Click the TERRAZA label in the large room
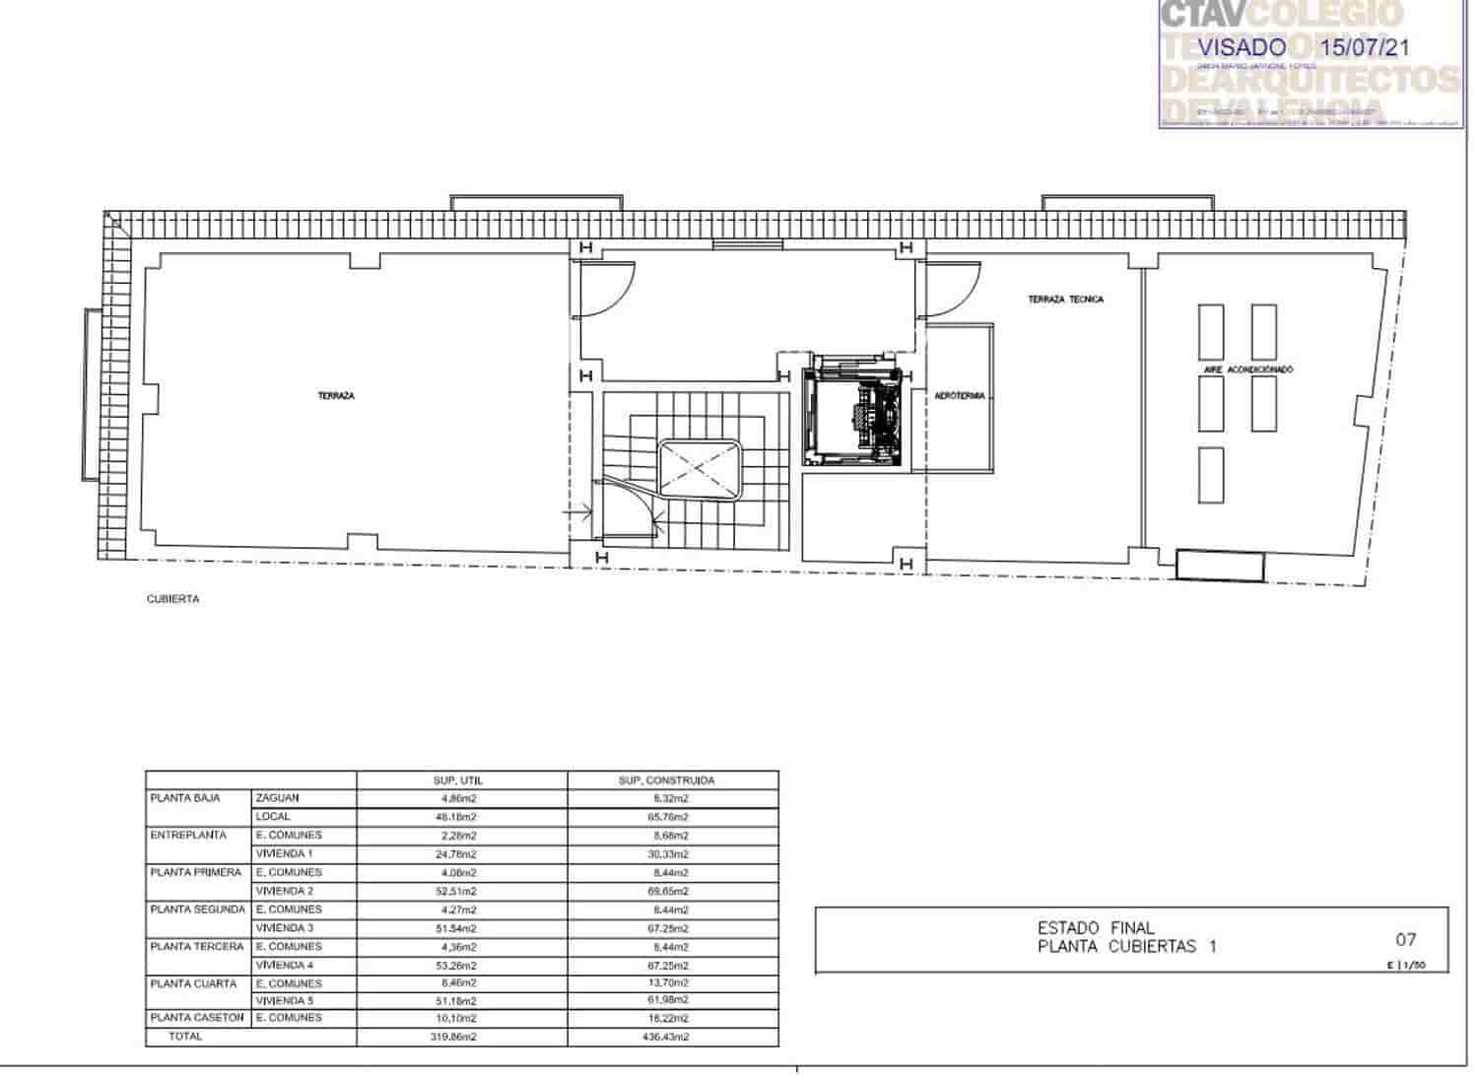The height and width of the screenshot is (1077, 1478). pos(336,396)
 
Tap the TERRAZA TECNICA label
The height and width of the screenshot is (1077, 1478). pos(1065,300)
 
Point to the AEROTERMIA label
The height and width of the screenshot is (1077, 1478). pos(960,396)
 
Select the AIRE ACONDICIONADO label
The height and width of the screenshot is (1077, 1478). pos(1247,370)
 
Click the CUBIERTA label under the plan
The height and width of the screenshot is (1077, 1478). pos(173,599)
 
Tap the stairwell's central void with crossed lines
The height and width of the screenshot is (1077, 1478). pos(700,471)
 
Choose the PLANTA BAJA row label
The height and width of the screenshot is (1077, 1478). pos(185,798)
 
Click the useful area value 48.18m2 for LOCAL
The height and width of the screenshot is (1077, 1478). pos(456,817)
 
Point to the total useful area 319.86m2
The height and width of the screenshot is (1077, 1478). pos(456,1037)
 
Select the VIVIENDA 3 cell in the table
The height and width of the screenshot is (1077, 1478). pos(285,928)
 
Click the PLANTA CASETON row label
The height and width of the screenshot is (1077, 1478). pos(197,1018)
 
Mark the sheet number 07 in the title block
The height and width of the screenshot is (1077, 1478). pos(1406,940)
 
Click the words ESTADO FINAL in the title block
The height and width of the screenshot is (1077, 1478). pos(1096,928)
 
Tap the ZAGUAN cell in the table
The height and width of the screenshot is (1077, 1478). pos(277,798)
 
